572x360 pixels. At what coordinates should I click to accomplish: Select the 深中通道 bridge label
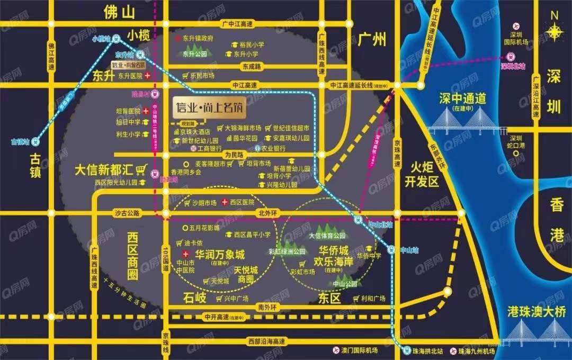tap(462, 99)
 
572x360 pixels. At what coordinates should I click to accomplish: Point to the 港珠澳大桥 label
tap(535, 311)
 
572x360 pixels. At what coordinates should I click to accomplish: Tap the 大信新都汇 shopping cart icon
tap(141, 169)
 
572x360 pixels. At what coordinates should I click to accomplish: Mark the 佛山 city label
tap(120, 12)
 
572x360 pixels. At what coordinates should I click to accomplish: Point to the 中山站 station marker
tap(391, 248)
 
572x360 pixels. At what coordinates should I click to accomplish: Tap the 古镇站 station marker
tap(34, 141)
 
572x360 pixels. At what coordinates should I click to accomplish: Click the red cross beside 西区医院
tap(225, 202)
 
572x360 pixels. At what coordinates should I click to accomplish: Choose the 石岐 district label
tap(194, 296)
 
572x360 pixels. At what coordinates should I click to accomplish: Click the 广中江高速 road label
tap(237, 23)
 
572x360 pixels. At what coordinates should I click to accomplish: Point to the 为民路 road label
tap(233, 155)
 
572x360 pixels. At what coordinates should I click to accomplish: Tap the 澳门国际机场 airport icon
tap(335, 350)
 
